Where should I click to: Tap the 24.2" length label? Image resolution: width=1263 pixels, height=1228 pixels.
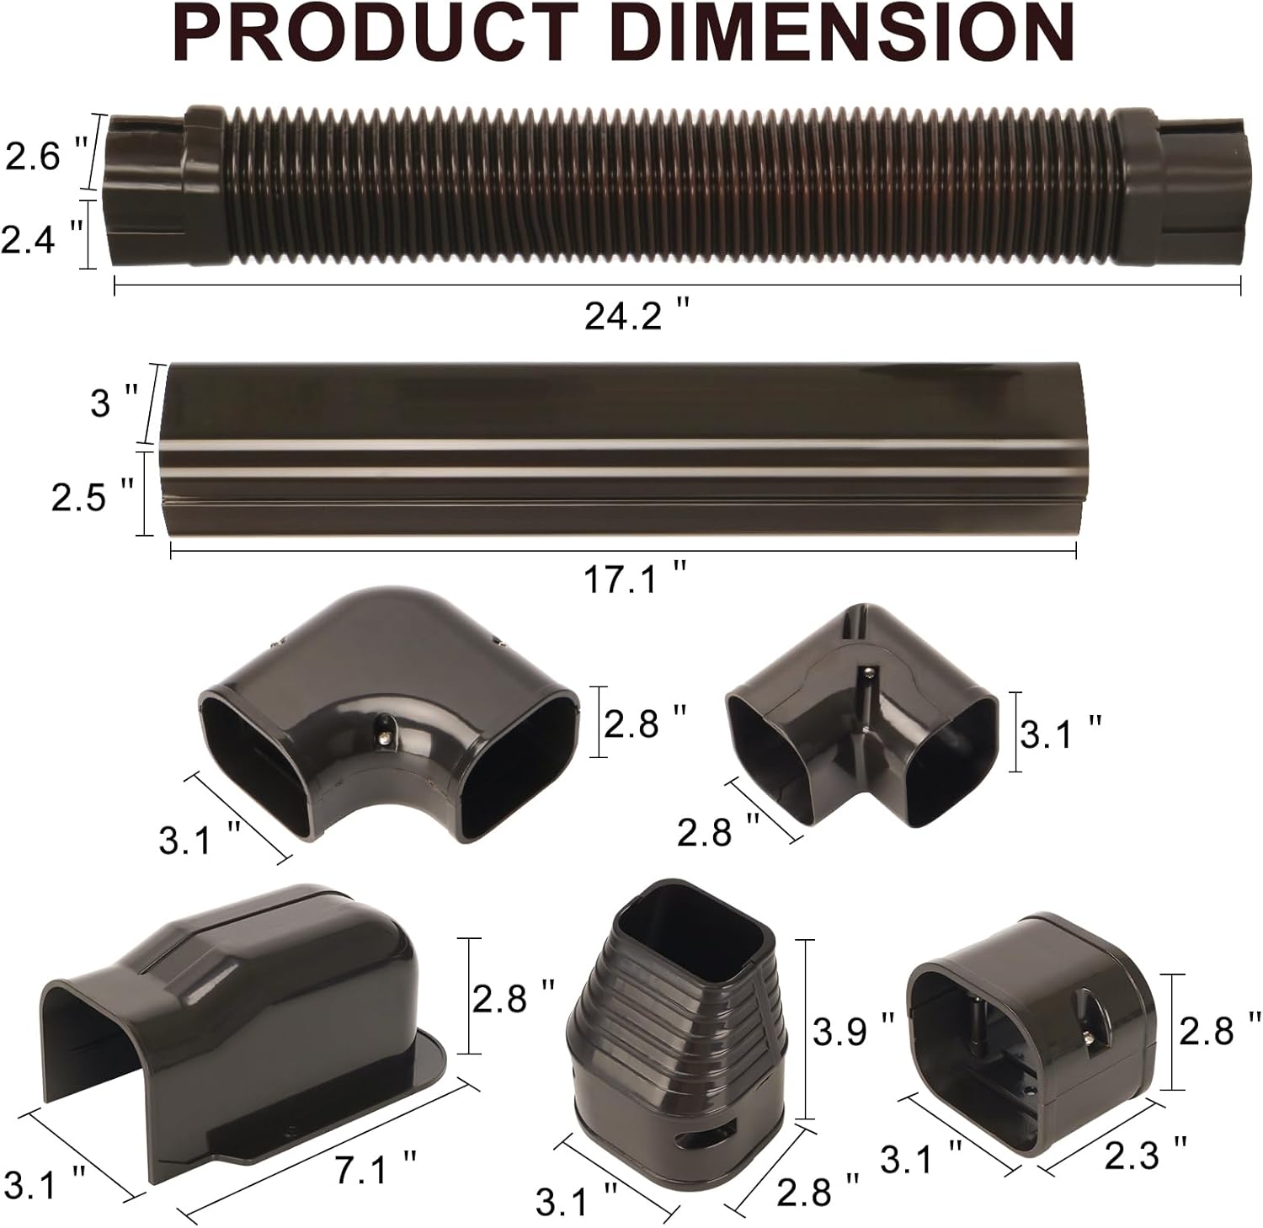[637, 316]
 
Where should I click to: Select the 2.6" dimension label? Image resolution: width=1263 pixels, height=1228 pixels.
[46, 153]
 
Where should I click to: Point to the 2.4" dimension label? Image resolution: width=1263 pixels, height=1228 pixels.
[42, 238]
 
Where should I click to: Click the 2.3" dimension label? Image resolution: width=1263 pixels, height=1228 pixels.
[1146, 1155]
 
